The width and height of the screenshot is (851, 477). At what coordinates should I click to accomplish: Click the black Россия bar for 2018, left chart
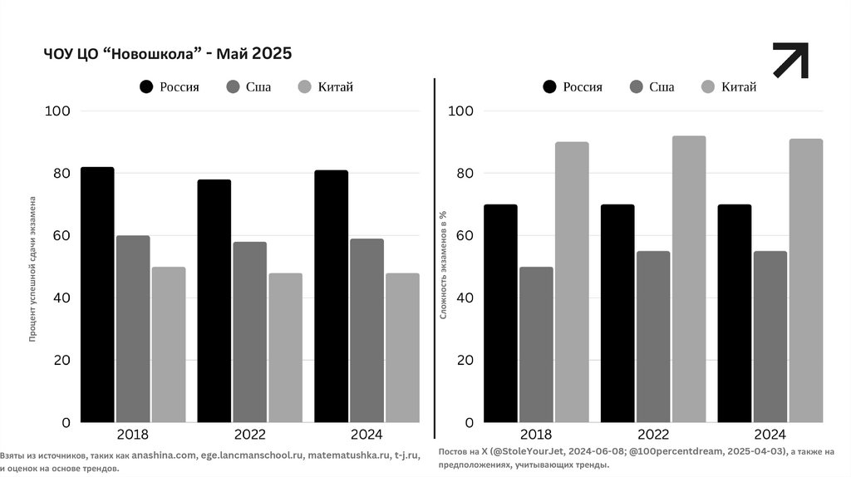pyautogui.click(x=97, y=295)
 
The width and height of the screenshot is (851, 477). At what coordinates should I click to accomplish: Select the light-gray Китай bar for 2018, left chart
pyautogui.click(x=169, y=345)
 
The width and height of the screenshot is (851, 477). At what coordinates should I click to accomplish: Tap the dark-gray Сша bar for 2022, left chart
pyautogui.click(x=249, y=332)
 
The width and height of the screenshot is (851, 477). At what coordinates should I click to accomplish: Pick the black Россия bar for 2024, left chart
pyautogui.click(x=331, y=297)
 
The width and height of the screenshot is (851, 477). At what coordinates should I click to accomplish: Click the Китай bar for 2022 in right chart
pyautogui.click(x=689, y=279)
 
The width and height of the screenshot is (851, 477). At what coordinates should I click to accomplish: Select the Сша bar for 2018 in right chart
pyautogui.click(x=536, y=345)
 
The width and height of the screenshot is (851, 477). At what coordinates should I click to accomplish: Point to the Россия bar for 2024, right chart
pyautogui.click(x=734, y=313)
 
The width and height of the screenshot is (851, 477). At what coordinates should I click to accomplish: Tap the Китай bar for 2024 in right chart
pyautogui.click(x=806, y=281)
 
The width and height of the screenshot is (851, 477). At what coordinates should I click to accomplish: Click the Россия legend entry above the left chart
pyautogui.click(x=170, y=86)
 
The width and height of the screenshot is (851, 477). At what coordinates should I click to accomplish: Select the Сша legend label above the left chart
pyautogui.click(x=258, y=86)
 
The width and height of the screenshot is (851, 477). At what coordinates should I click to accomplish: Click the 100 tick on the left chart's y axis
pyautogui.click(x=62, y=111)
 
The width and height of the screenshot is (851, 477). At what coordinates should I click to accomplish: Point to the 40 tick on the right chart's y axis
pyautogui.click(x=465, y=298)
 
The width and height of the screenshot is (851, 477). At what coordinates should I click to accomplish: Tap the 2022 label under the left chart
pyautogui.click(x=249, y=434)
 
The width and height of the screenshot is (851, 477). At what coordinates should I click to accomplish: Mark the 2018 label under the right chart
pyautogui.click(x=536, y=434)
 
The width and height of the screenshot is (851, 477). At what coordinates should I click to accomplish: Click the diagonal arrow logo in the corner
pyautogui.click(x=790, y=61)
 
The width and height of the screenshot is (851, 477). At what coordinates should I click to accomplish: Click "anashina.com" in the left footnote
pyautogui.click(x=164, y=456)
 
